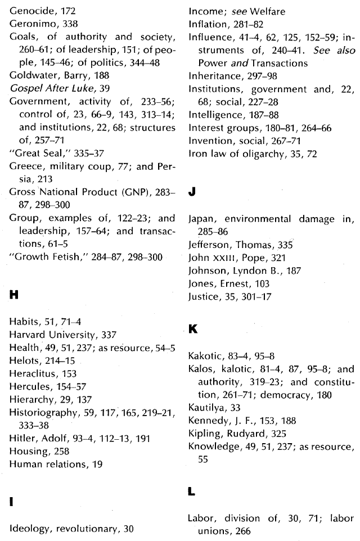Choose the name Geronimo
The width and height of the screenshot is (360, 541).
click(30, 24)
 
